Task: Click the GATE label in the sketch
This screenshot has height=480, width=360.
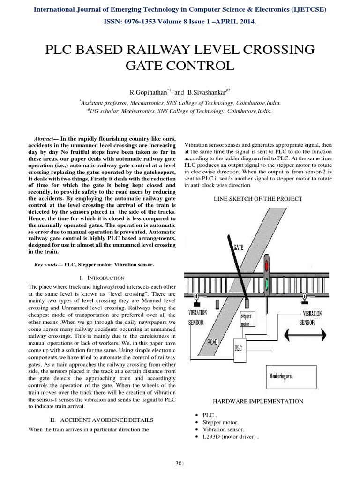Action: pyautogui.click(x=238, y=247)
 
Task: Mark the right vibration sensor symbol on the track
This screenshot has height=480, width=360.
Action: pyautogui.click(x=305, y=296)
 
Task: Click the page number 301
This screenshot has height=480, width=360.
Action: pyautogui.click(x=179, y=464)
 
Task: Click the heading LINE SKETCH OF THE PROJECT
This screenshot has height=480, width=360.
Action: pyautogui.click(x=258, y=199)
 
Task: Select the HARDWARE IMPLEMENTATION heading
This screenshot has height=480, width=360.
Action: pyautogui.click(x=258, y=401)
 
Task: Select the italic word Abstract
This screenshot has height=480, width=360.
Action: pyautogui.click(x=45, y=140)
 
